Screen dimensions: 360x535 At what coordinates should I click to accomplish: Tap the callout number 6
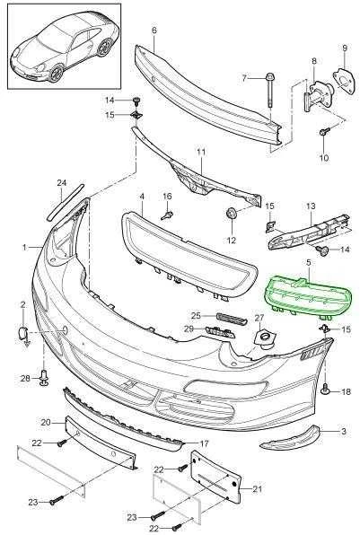coord(154,31)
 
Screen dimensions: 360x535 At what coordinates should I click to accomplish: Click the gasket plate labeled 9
coord(344,80)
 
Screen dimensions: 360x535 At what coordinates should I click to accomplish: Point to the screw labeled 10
coord(324,132)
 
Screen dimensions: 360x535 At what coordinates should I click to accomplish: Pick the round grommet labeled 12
coord(232,214)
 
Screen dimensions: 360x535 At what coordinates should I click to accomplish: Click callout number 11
coord(201,152)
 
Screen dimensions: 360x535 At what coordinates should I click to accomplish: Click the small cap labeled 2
coord(22,332)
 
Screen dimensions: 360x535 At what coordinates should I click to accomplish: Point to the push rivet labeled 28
coord(44,378)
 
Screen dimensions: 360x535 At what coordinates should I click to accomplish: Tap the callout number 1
coord(24,247)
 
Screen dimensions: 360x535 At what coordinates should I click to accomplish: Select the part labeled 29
coord(221,331)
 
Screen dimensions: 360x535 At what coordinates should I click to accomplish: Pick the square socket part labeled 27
coord(263,338)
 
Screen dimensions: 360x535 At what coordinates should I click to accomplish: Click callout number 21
coord(257,489)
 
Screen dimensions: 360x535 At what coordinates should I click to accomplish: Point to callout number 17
coord(204,443)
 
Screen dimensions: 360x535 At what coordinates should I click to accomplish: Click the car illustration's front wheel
coord(56,74)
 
